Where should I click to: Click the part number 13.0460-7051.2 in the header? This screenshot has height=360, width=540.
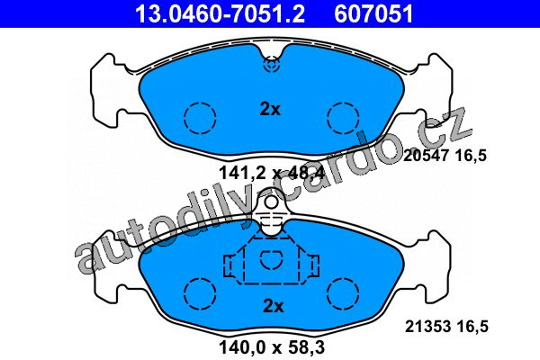(220, 13)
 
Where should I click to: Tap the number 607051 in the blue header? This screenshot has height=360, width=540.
(373, 13)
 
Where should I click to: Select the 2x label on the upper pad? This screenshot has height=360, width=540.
(270, 109)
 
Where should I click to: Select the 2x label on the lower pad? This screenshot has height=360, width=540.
(274, 306)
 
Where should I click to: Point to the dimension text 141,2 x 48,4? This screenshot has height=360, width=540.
(272, 173)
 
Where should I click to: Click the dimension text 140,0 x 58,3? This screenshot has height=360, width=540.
(272, 347)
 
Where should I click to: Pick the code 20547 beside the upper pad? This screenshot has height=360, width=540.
(427, 156)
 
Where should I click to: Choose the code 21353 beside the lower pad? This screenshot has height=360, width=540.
(428, 326)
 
